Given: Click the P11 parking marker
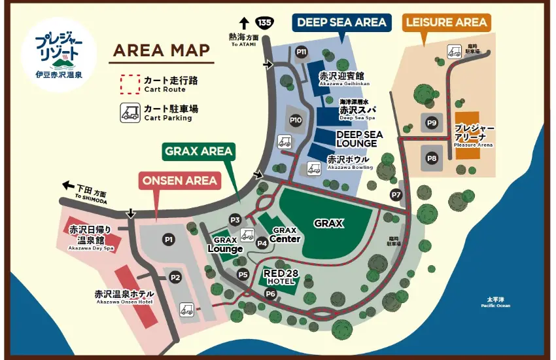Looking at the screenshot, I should click(x=302, y=52).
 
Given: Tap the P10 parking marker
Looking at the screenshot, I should click(x=296, y=120).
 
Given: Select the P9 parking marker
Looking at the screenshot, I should click(x=431, y=122).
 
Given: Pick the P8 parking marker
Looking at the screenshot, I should click(x=431, y=158).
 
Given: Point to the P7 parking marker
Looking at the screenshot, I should click(x=395, y=194).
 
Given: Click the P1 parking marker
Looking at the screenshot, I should click(x=169, y=240).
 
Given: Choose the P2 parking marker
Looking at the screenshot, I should click(x=175, y=277).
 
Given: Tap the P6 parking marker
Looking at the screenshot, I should click(x=270, y=294).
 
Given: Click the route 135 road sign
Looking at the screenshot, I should click(x=264, y=22).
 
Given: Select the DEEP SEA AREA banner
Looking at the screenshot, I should click(x=341, y=22).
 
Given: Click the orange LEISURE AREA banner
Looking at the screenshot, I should click(x=446, y=22).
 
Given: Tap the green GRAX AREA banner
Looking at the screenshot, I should click(x=198, y=151).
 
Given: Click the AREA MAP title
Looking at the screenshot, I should click(x=161, y=50).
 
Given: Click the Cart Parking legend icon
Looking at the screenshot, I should click(x=129, y=113).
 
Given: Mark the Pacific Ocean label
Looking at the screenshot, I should click(x=495, y=302).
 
